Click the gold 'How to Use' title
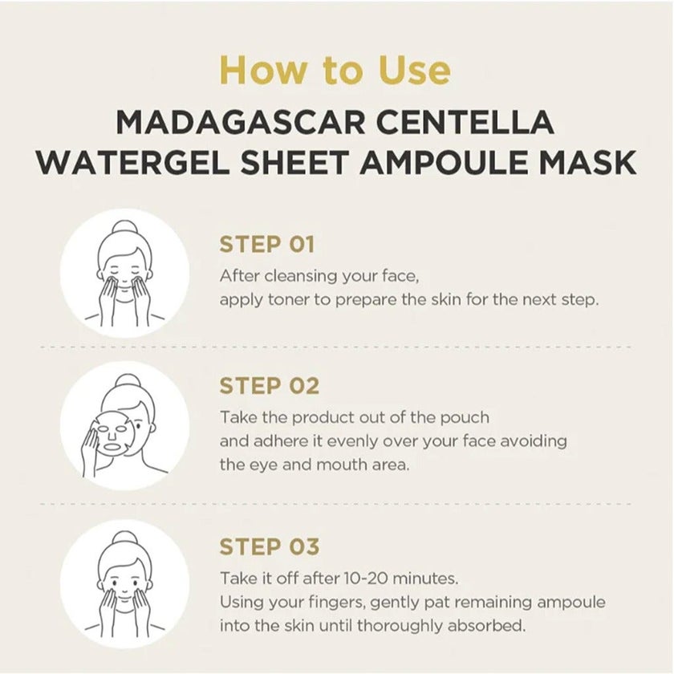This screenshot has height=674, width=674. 335,70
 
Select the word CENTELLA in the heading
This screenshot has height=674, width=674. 481,122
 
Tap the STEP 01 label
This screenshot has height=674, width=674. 267,245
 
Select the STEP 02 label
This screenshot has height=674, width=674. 269,386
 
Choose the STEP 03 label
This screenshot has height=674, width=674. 269,547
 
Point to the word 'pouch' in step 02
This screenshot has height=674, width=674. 467,418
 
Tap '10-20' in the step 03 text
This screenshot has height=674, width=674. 367,579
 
